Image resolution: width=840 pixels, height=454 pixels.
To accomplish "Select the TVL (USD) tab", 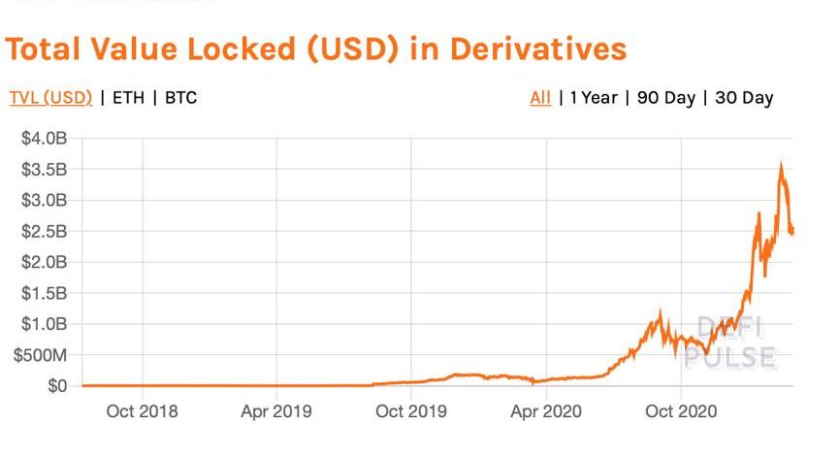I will (x=50, y=98).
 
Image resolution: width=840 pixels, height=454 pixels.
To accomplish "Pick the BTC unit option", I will (x=180, y=98).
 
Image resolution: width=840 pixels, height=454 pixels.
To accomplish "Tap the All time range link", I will (x=540, y=98).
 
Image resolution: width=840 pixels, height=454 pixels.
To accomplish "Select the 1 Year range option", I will (x=594, y=98).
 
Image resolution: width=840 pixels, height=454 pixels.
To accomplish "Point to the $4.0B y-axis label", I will (x=45, y=139).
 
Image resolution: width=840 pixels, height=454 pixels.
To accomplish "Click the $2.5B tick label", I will (x=45, y=231).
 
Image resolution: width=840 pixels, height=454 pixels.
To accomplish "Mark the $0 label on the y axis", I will (x=56, y=386).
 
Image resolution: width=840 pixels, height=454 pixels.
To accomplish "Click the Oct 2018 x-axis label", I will (x=143, y=412).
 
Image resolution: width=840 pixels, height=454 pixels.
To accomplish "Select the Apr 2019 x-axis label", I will (x=276, y=412).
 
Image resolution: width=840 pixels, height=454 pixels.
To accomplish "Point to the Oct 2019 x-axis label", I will (x=410, y=412).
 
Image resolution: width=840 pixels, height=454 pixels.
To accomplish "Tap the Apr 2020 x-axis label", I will (x=545, y=412).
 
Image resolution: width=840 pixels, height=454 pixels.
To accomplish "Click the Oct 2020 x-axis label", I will (x=681, y=412).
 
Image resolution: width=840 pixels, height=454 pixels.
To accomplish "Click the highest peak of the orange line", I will (x=781, y=167).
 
